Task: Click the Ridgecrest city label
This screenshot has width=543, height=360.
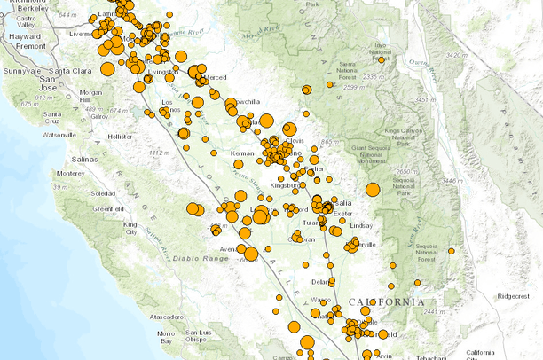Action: coord(513,296)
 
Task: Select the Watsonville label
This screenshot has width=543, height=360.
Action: coord(59,135)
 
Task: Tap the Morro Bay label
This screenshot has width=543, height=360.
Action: coord(166,337)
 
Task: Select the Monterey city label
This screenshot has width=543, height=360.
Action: coord(71,173)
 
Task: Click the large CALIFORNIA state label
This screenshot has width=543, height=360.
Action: coord(387,302)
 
